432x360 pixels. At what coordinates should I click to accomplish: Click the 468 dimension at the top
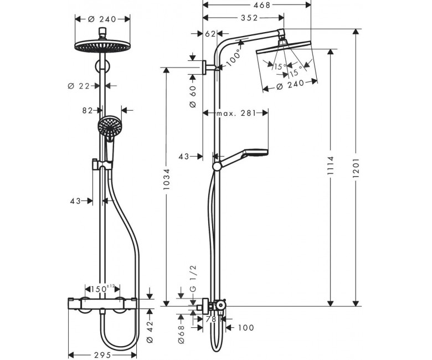[262, 5]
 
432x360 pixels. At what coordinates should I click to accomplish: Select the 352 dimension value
[249, 18]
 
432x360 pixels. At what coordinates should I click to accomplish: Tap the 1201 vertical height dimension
[356, 167]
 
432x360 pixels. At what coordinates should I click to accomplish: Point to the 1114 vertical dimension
[331, 165]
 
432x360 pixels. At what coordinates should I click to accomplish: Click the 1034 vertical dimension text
[166, 179]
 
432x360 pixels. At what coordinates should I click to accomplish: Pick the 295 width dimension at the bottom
[102, 356]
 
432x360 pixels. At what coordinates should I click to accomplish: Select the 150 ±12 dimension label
[102, 289]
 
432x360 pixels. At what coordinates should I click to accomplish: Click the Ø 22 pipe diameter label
[79, 86]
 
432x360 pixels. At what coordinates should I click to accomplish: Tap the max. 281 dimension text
[236, 113]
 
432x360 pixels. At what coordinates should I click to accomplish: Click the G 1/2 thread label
[193, 278]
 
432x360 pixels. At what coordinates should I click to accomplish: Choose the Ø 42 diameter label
[149, 332]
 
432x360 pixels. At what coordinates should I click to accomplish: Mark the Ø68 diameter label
[181, 335]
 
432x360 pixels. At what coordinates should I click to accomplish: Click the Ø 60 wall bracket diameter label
[193, 96]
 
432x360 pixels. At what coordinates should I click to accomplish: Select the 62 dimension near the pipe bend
[210, 34]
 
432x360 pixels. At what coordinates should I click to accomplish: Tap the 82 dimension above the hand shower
[88, 110]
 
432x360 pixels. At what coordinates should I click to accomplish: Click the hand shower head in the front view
[109, 127]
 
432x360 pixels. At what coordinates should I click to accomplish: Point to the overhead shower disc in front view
[102, 46]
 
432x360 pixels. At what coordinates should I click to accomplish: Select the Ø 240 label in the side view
[290, 85]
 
